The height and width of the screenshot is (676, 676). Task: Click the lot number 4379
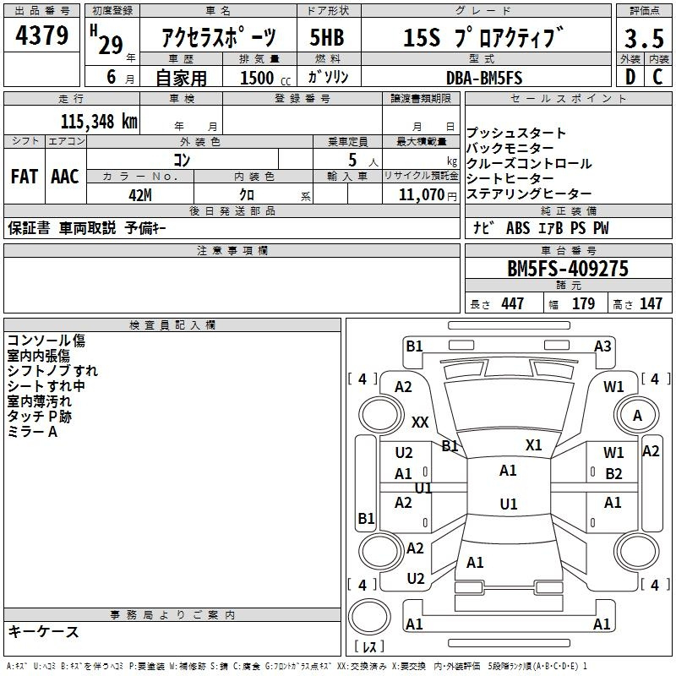[x=41, y=35]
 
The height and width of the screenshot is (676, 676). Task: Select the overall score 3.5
[x=644, y=38]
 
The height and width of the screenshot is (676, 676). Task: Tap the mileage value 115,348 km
[x=99, y=122]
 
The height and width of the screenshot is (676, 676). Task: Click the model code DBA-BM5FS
[x=484, y=78]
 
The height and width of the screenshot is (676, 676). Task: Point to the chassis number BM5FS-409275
[x=568, y=269]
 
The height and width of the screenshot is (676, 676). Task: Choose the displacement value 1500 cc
[x=265, y=78]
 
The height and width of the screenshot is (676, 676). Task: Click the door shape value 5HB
[x=327, y=37]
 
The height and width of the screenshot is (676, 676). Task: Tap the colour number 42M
[x=140, y=195]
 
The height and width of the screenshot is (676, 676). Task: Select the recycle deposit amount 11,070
[x=421, y=194]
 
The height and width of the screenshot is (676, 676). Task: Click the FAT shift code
[x=25, y=177]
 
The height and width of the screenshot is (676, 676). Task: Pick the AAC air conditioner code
[x=65, y=177]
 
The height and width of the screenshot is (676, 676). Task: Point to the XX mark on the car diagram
[x=420, y=422]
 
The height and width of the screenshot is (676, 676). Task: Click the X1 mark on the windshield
[x=533, y=444]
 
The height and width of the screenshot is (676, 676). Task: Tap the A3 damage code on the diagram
[x=602, y=346]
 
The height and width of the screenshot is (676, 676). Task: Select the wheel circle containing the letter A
[x=637, y=416]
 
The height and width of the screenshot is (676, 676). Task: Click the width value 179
[x=583, y=303]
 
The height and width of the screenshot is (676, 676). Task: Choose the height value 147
[x=651, y=303]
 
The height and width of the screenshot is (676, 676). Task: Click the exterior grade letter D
[x=630, y=77]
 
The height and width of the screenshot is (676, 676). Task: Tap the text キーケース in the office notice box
[x=44, y=631]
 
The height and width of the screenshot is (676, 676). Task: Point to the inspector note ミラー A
[x=32, y=432]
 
